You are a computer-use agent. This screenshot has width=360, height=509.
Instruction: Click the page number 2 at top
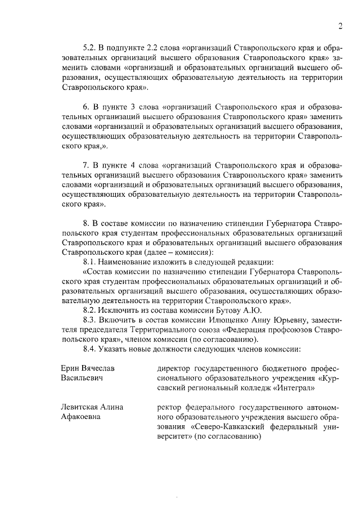(x=341, y=25)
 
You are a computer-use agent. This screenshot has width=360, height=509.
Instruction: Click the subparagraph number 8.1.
(x=90, y=262)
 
